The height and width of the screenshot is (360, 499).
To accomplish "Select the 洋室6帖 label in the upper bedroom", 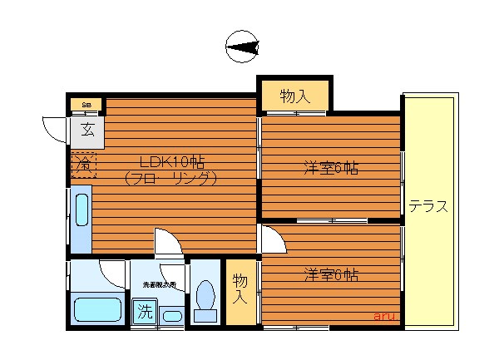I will tap(330, 169).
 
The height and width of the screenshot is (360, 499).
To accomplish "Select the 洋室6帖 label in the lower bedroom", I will tap(330, 274).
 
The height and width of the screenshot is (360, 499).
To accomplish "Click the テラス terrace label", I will tap(428, 207).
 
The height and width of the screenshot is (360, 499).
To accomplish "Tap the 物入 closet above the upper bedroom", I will tap(294, 96).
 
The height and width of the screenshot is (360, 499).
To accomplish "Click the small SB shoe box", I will tap(86, 105).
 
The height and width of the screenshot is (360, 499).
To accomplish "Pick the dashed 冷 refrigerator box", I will tap(83, 165).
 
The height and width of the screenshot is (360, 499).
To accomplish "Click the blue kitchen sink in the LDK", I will tap(81, 212).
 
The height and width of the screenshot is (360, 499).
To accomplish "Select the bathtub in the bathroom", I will tap(97, 308).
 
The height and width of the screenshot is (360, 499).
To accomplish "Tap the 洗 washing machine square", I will tap(144, 313).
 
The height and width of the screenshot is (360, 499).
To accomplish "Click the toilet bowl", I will tap(205, 298).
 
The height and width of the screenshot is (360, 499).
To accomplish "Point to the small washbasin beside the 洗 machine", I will tap(171, 315).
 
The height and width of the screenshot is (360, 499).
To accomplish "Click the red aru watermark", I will tap(383, 316).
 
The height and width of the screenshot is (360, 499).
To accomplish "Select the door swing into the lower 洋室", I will tap(272, 239).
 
